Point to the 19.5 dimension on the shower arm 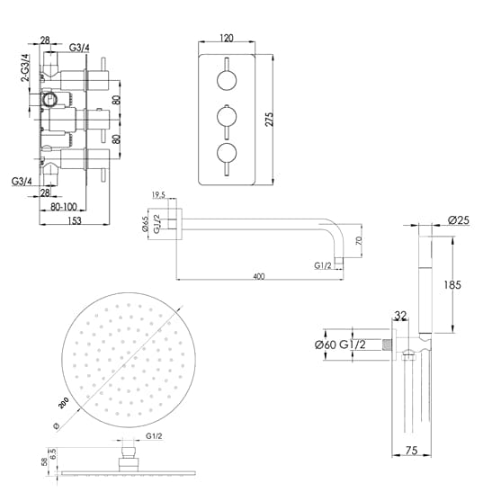click(x=159, y=193)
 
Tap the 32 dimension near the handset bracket click(x=400, y=317)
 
